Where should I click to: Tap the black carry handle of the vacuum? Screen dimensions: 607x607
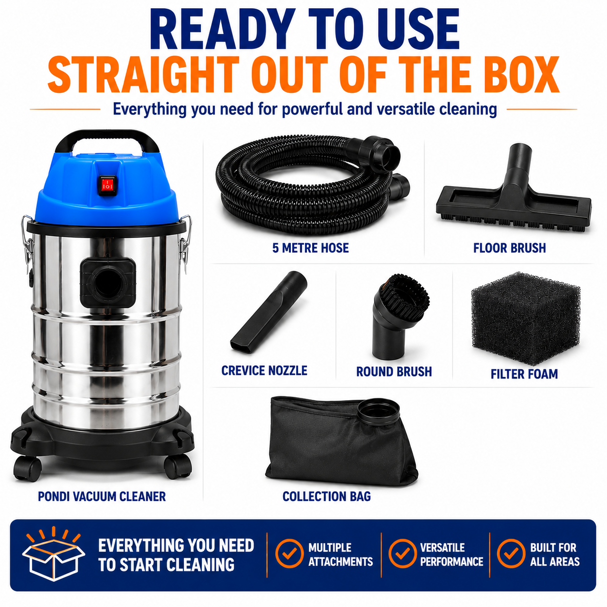click(107, 136)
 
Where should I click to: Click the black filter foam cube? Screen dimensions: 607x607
click(525, 318)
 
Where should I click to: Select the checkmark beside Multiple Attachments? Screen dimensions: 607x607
click(289, 553)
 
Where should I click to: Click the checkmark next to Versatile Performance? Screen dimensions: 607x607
click(402, 553)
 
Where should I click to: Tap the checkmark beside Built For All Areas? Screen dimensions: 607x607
click(511, 553)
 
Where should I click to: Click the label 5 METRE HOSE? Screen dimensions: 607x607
click(311, 248)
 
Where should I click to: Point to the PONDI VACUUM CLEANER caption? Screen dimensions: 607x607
click(102, 497)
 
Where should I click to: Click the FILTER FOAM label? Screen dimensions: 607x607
click(524, 374)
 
